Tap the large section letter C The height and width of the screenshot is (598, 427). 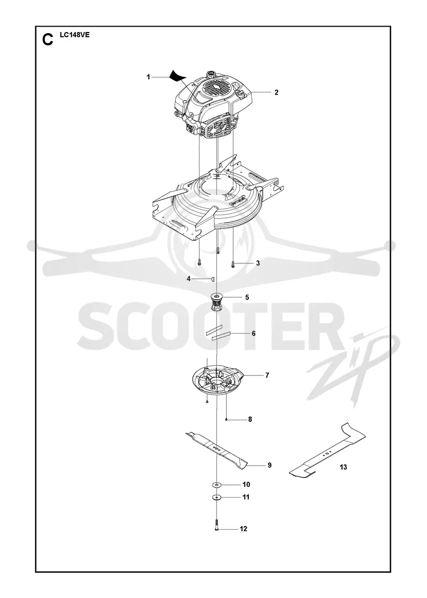coord(48,40)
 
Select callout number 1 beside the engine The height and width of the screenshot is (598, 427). coord(148,77)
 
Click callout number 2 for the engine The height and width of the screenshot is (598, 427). coord(276,92)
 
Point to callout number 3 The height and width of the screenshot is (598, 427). coord(258,263)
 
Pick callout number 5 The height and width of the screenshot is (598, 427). coord(247,297)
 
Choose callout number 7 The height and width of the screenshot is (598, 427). coord(267,375)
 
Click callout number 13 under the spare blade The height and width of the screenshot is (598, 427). coord(344,467)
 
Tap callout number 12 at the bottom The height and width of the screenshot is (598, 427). coord(243,529)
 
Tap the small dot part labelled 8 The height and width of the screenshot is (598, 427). coord(226,420)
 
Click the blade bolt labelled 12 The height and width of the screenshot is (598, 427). coord(217,525)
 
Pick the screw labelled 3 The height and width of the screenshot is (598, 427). coord(233,264)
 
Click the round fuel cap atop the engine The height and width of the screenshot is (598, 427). coord(210,73)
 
